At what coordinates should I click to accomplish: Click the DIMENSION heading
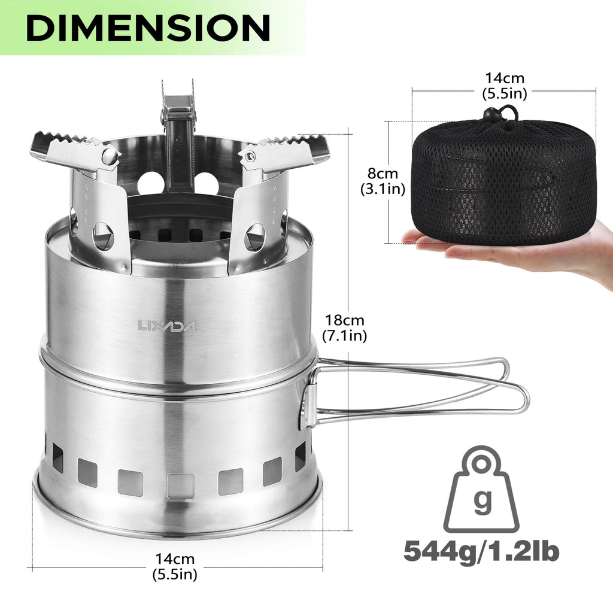coord(148,28)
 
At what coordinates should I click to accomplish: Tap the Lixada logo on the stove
coord(166,326)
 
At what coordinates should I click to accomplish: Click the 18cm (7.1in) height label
coord(344,327)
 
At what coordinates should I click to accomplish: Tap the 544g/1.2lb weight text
coord(481,550)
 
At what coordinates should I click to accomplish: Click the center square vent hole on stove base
coord(180,485)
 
